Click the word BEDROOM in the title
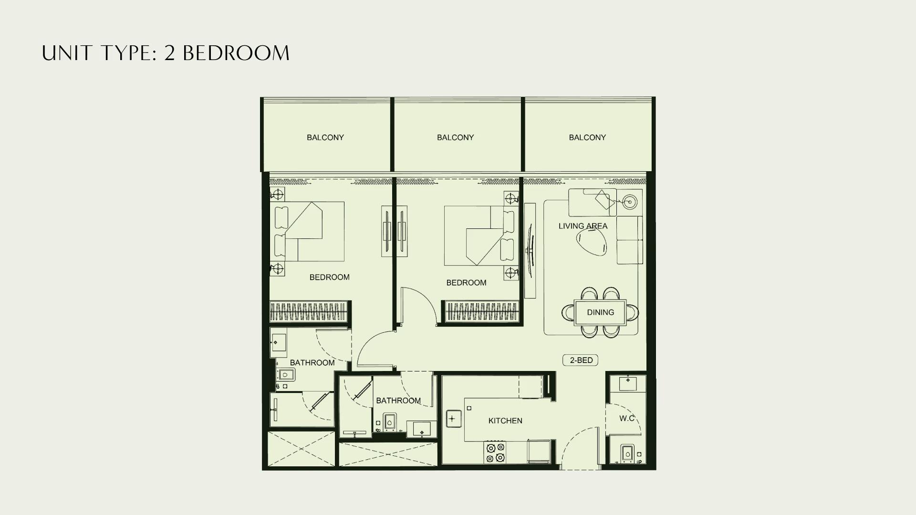236,53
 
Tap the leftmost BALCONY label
325,137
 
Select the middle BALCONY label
456,137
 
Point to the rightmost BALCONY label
587,137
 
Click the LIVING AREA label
583,226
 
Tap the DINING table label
600,312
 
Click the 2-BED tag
581,360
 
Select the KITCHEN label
505,421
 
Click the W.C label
627,418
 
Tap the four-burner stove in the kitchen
495,453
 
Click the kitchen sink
452,419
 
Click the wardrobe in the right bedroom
482,313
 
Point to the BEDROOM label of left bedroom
329,277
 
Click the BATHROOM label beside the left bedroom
312,362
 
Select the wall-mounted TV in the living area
530,250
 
